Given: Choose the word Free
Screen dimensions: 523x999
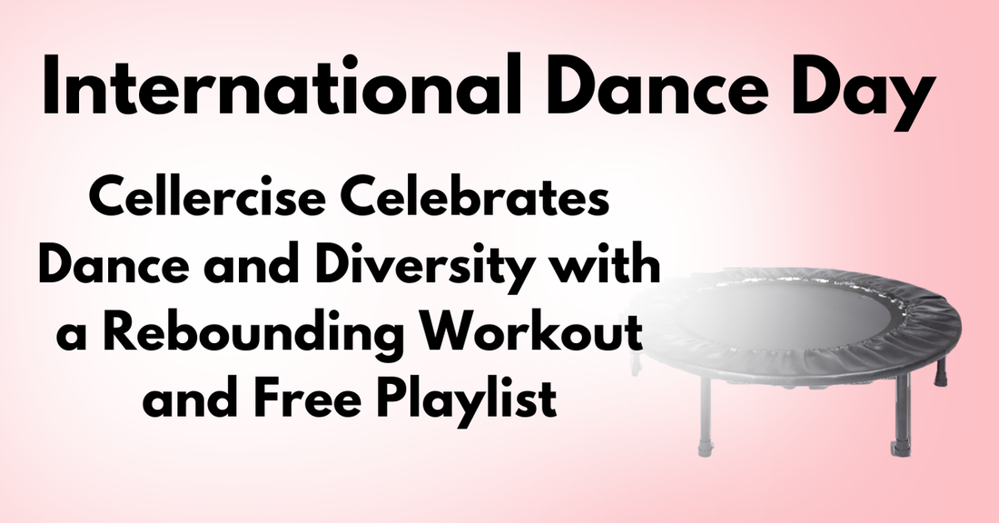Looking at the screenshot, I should pyautogui.click(x=300, y=400).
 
